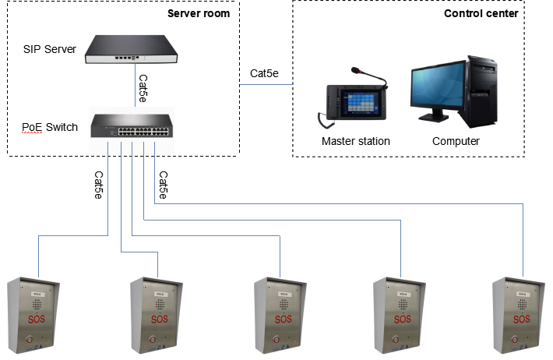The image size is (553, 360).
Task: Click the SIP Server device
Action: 131,49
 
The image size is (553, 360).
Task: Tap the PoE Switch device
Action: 132,125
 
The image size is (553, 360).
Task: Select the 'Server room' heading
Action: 199,13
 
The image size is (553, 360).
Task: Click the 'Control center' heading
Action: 481,13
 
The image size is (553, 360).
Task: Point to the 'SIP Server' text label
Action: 50,49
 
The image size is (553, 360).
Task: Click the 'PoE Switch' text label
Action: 50,127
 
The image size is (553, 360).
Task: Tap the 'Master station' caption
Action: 356,141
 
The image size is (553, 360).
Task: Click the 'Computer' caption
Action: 456,141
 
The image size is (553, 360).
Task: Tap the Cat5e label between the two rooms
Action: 264,73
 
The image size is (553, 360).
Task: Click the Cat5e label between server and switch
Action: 143,88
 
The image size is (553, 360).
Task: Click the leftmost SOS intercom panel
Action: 33,315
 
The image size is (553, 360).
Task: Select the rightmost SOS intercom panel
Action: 519,315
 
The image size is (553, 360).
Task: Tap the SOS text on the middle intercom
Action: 284,319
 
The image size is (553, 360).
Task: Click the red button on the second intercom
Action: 153,340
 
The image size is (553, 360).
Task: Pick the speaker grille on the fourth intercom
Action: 403,304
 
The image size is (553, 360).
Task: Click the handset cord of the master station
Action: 325,121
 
